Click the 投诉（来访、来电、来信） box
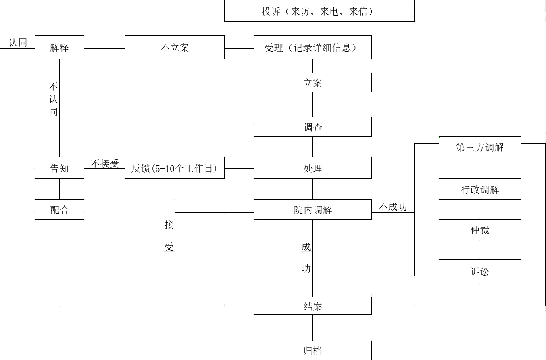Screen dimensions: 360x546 (319, 11)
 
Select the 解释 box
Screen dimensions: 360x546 (59, 48)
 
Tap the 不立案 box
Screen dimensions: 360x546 (175, 48)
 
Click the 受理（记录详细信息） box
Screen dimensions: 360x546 (313, 48)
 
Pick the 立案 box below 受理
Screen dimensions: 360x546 (313, 83)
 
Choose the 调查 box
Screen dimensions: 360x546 (313, 127)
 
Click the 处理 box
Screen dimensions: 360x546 (313, 168)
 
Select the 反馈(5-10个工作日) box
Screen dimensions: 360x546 (175, 168)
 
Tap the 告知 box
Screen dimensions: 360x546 (59, 168)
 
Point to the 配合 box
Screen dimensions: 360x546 (59, 209)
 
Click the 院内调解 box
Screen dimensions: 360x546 (313, 209)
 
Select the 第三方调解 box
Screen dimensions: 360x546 (479, 147)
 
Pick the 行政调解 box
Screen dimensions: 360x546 (479, 189)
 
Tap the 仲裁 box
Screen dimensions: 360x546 (479, 230)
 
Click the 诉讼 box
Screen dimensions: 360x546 (479, 271)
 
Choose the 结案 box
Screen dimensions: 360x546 (313, 306)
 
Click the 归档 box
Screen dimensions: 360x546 (313, 350)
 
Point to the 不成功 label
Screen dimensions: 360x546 (393, 207)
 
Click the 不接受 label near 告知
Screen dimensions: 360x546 (105, 163)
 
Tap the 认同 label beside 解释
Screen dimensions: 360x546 (18, 42)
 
